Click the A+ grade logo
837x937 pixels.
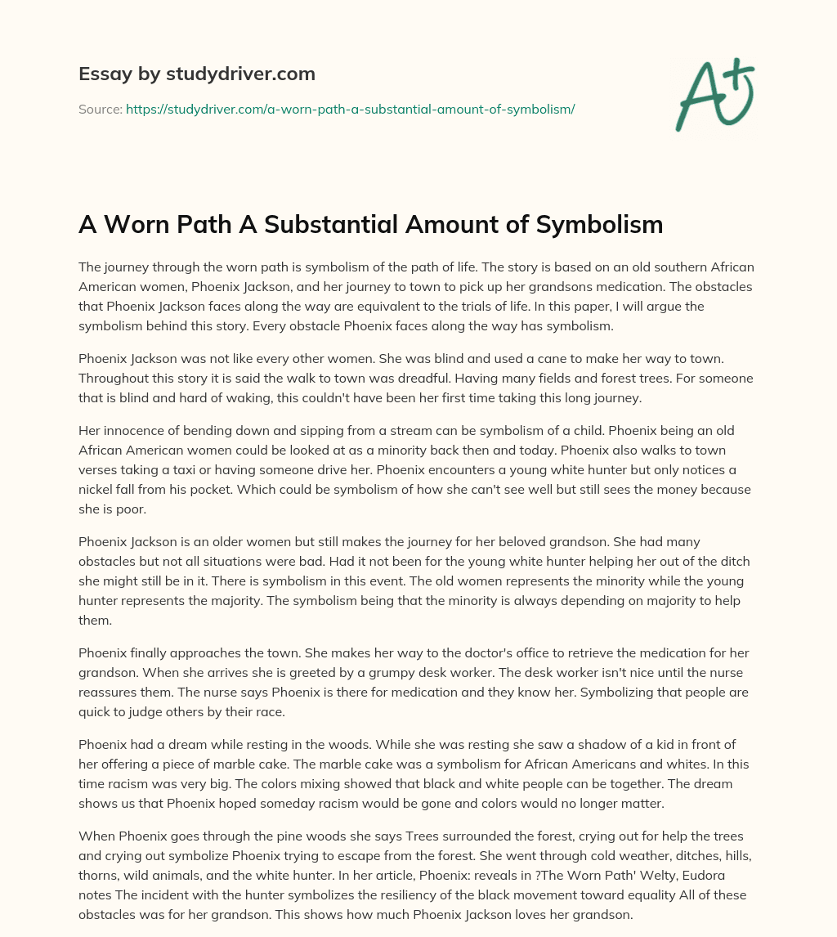pos(714,94)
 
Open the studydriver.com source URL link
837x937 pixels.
pos(350,109)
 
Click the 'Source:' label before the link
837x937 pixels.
pos(100,109)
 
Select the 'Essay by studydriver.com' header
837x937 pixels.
pos(196,74)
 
